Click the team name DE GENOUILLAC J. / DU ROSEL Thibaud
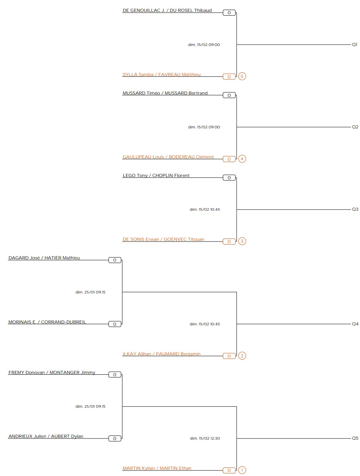pyautogui.click(x=167, y=10)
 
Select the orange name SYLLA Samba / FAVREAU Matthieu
pyautogui.click(x=161, y=75)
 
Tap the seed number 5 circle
pyautogui.click(x=242, y=76)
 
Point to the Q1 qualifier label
pyautogui.click(x=354, y=45)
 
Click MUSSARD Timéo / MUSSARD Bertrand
pyautogui.click(x=165, y=93)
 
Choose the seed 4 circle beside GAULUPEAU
pyautogui.click(x=242, y=159)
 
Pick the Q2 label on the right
pyautogui.click(x=355, y=127)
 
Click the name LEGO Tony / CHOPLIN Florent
pyautogui.click(x=156, y=175)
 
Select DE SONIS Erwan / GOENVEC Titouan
pyautogui.click(x=163, y=239)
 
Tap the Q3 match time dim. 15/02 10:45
pyautogui.click(x=205, y=210)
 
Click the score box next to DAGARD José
pyautogui.click(x=115, y=260)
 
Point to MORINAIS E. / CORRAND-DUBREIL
pyautogui.click(x=47, y=322)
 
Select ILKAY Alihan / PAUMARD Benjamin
pyautogui.click(x=161, y=354)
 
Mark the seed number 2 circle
pyautogui.click(x=242, y=356)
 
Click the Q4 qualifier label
pyautogui.click(x=355, y=324)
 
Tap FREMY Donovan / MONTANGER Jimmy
pyautogui.click(x=52, y=372)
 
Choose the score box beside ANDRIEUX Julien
pyautogui.click(x=115, y=439)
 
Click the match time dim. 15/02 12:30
pyautogui.click(x=205, y=439)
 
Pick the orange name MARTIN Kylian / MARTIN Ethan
pyautogui.click(x=157, y=468)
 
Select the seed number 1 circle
pyautogui.click(x=242, y=470)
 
